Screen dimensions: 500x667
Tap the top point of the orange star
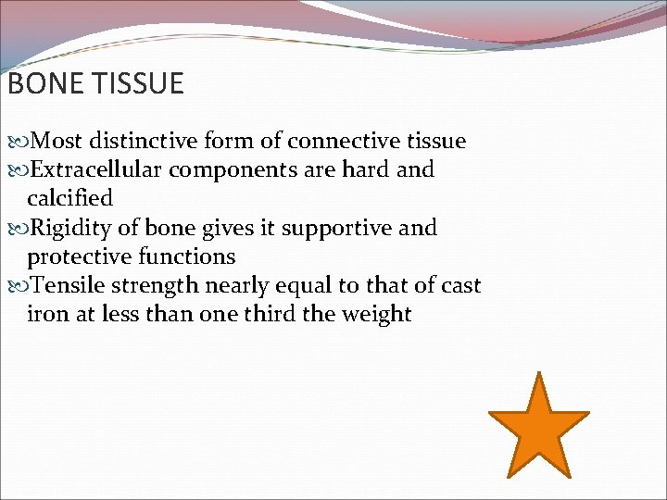538,375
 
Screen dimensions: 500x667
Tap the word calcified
70,198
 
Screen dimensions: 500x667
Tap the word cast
460,285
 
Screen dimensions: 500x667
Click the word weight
375,314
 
